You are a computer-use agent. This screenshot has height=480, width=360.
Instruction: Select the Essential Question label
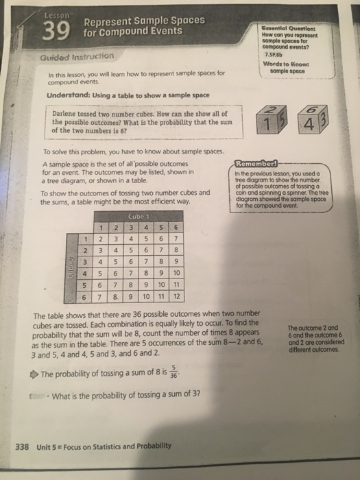292,26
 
